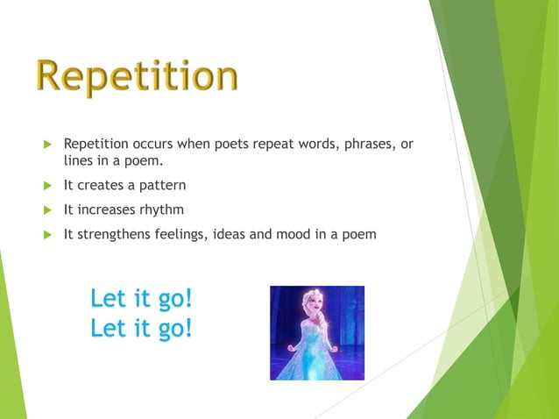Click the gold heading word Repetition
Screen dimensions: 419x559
(137, 76)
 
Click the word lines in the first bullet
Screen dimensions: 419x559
(78, 161)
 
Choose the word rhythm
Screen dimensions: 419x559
(160, 209)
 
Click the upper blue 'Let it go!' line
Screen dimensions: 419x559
(141, 299)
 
